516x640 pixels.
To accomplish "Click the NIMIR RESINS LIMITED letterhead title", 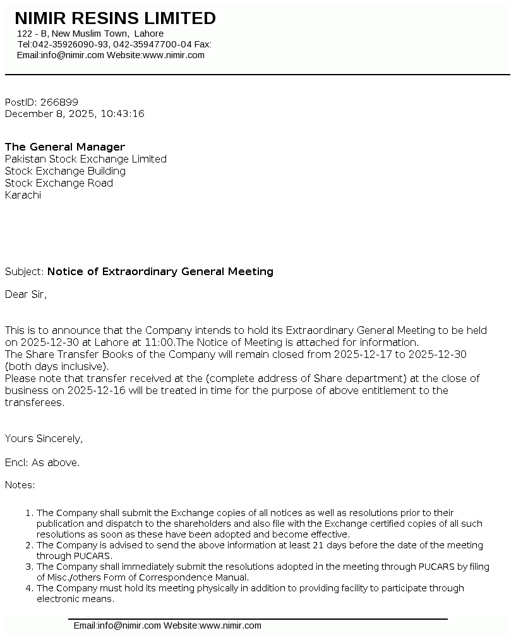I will click(x=115, y=18).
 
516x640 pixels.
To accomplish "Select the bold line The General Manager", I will click(x=65, y=147).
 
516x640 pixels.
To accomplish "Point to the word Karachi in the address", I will click(x=23, y=195).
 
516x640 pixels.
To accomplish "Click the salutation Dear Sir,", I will click(x=26, y=294).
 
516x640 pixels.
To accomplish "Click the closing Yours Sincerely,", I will click(x=44, y=439).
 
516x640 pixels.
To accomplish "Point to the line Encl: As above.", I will click(x=42, y=463).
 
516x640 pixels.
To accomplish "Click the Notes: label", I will click(x=20, y=485).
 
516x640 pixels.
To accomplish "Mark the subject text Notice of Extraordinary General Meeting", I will click(x=160, y=272).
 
